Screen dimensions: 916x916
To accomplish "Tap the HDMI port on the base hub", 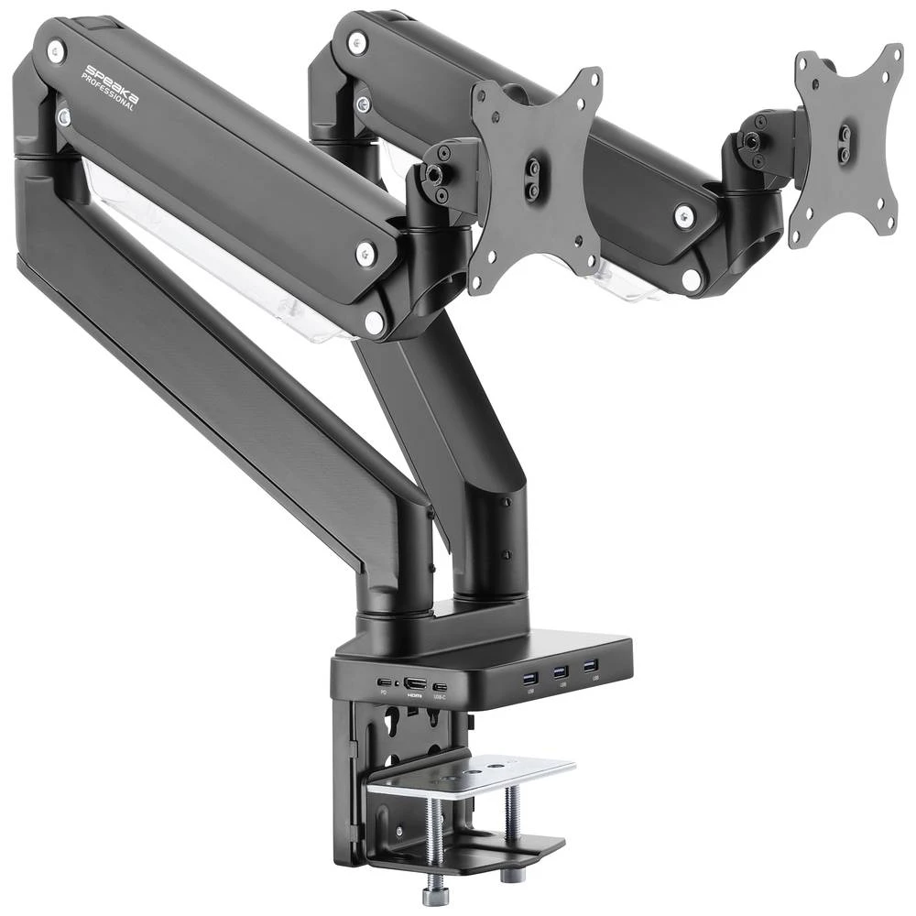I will click(415, 683).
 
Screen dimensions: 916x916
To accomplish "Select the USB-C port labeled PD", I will click(383, 682).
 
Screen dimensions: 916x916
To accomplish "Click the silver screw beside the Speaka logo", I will click(56, 50).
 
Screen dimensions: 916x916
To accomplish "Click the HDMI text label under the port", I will click(415, 697).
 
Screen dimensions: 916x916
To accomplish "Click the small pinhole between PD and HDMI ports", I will click(397, 683).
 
